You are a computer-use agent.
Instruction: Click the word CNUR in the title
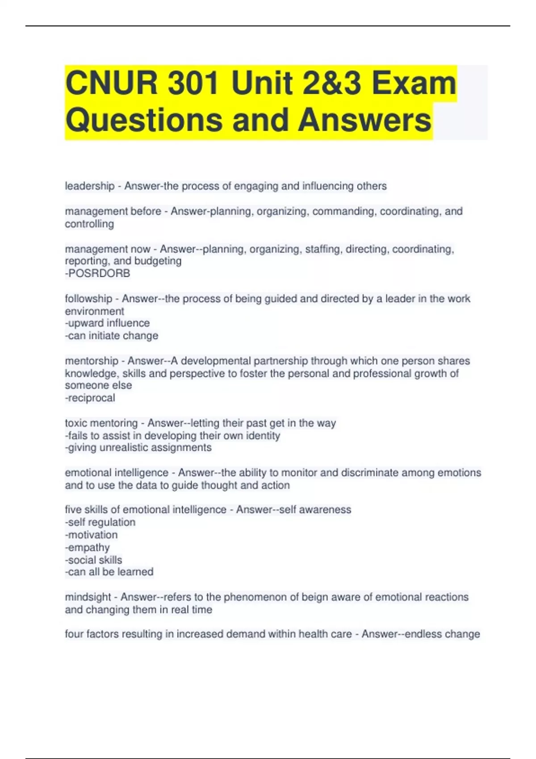111,83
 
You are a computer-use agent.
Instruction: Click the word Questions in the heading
144,120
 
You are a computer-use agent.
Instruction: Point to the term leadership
89,186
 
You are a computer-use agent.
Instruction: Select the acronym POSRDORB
98,273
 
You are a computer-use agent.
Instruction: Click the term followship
88,299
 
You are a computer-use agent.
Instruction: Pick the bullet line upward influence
108,323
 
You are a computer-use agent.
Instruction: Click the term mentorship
91,361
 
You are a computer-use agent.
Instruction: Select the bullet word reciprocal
91,398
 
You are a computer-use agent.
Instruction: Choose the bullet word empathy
88,547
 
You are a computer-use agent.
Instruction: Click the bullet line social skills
94,560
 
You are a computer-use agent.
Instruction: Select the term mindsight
88,597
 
